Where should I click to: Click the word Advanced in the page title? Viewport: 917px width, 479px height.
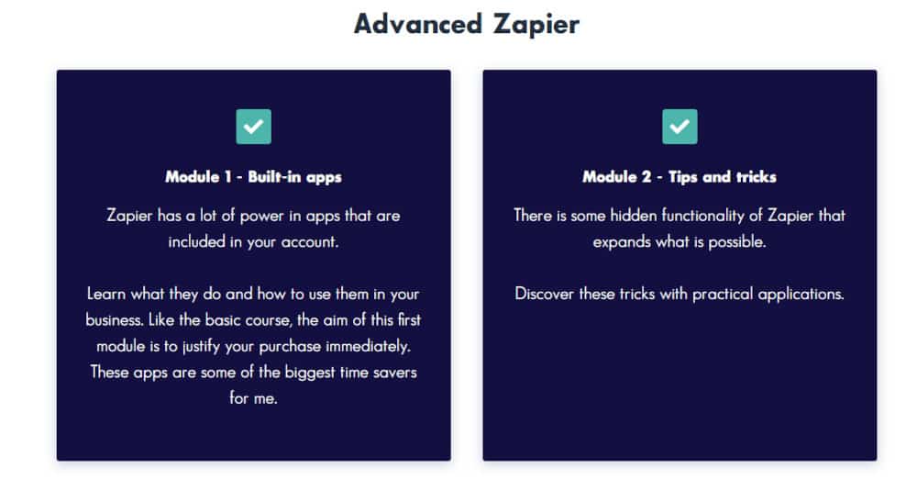tap(418, 24)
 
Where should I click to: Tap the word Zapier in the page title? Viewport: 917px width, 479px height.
tap(536, 25)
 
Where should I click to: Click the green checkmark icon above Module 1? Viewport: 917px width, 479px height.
tap(253, 127)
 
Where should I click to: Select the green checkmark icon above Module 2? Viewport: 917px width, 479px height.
tap(679, 127)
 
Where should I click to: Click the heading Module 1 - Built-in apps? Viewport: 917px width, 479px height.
tap(253, 177)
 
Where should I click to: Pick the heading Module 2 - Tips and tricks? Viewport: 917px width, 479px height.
tap(679, 177)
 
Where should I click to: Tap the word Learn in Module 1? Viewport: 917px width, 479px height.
tap(105, 294)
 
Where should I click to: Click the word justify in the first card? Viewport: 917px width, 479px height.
tap(201, 347)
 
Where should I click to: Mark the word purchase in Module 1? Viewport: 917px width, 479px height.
tap(290, 347)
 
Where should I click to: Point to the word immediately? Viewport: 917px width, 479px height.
tap(368, 346)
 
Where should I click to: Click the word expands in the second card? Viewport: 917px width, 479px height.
tap(613, 242)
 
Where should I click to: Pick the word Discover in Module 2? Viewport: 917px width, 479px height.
tap(544, 294)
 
